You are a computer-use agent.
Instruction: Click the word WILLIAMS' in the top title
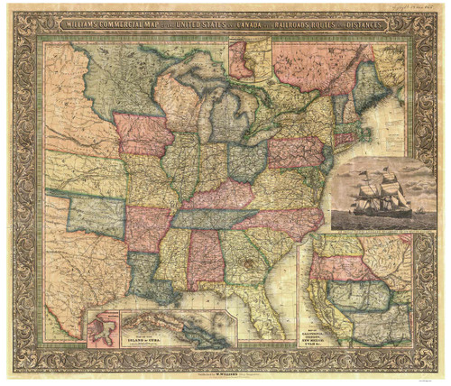click(x=82, y=24)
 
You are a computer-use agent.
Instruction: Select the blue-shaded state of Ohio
click(x=244, y=160)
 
